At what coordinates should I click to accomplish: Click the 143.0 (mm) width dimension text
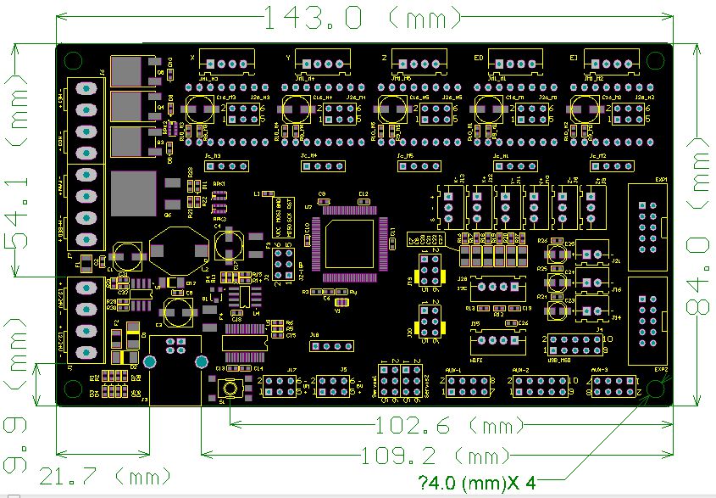pos(364,17)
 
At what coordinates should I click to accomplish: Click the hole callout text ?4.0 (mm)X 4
pos(477,483)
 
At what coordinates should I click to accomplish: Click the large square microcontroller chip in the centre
pos(350,244)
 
